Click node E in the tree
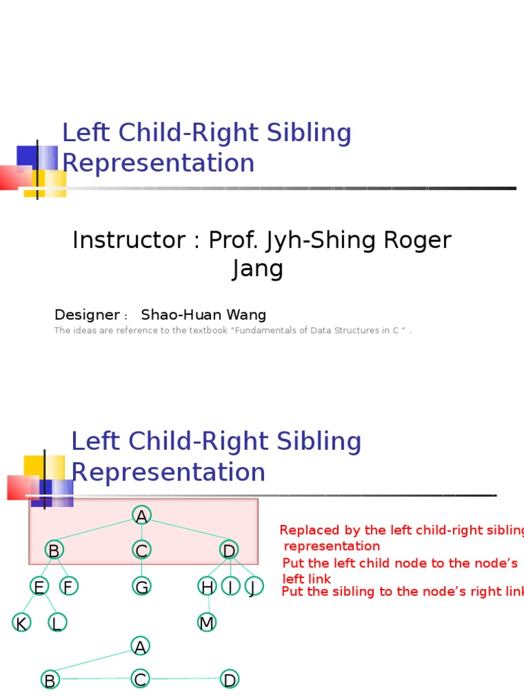tap(39, 586)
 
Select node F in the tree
tap(68, 586)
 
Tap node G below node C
tap(141, 586)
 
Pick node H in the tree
tap(207, 586)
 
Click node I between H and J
tap(231, 586)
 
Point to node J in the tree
tap(253, 586)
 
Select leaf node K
tap(21, 622)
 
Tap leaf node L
tap(57, 622)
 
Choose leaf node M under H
tap(207, 622)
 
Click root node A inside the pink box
tap(141, 516)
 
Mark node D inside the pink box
tap(229, 550)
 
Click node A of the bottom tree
tap(141, 646)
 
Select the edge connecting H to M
tap(208, 605)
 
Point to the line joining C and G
tap(141, 568)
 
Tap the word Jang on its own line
tap(257, 269)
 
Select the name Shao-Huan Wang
tap(203, 315)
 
